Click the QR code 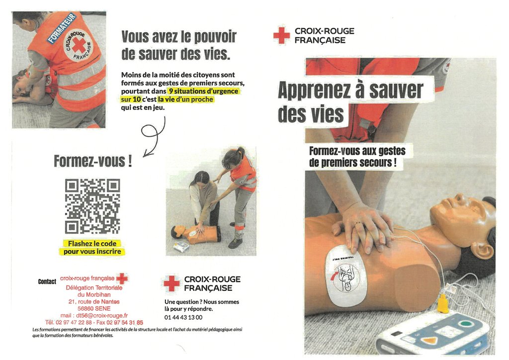pyautogui.click(x=92, y=206)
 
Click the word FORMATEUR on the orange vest pyautogui.click(x=61, y=28)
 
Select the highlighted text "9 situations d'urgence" pyautogui.click(x=204, y=91)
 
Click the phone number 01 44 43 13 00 pyautogui.click(x=183, y=317)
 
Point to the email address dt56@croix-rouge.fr pyautogui.click(x=102, y=316)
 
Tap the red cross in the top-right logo pyautogui.click(x=281, y=35)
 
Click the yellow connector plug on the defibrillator pyautogui.click(x=443, y=305)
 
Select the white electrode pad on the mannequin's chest pyautogui.click(x=346, y=275)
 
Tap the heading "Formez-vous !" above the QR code pyautogui.click(x=93, y=161)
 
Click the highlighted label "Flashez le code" pyautogui.click(x=92, y=244)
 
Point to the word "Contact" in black pyautogui.click(x=47, y=281)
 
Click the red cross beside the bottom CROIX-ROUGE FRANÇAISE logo pyautogui.click(x=171, y=283)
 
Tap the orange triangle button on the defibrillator pyautogui.click(x=430, y=341)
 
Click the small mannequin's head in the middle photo pyautogui.click(x=177, y=231)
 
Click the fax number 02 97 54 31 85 pyautogui.click(x=125, y=323)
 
